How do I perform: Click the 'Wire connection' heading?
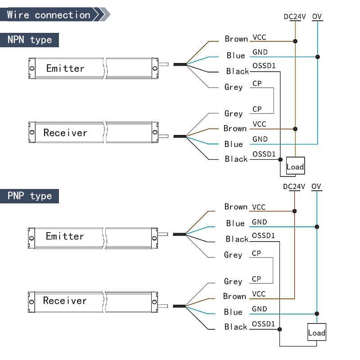49,15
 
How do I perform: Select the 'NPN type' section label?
30,40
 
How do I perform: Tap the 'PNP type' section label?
30,196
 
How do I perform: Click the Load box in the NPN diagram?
295,166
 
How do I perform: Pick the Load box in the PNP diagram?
316,333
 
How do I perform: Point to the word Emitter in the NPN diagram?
65,68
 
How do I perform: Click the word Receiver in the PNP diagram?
65,301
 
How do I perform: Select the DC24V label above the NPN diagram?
295,17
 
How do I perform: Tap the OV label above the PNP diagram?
316,186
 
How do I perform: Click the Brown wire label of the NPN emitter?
236,39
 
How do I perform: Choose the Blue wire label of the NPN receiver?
234,144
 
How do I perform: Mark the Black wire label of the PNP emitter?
237,239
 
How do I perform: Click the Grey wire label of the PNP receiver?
233,281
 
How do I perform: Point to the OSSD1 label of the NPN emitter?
264,67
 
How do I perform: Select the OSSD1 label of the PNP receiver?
264,324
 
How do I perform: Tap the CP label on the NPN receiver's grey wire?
257,109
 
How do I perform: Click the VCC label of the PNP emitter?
259,207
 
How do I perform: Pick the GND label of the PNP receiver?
260,309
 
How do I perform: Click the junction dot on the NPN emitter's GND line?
318,57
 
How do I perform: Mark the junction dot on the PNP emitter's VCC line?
294,211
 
